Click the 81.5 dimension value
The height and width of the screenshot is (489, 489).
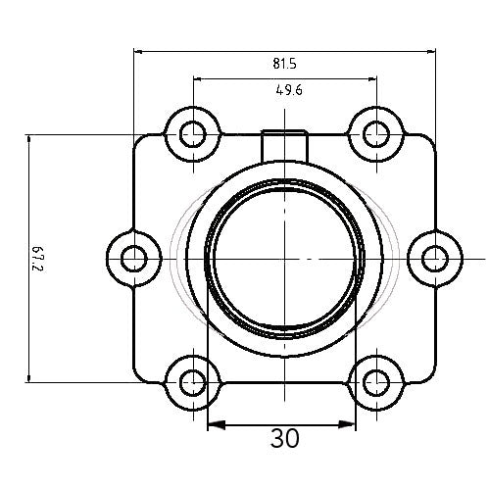pos(284,64)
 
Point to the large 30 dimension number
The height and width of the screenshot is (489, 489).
pos(284,438)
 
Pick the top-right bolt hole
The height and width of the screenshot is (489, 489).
pos(375,132)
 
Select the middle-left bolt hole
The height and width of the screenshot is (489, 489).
pos(132,259)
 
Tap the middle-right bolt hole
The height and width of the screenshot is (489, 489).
pos(434,259)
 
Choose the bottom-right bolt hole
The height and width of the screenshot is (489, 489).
pos(375,381)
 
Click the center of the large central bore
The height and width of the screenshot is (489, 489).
pos(283,259)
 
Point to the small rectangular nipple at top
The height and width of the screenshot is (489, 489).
pos(284,143)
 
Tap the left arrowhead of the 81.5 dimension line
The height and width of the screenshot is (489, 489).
pos(139,50)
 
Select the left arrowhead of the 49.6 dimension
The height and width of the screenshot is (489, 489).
pos(197,77)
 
